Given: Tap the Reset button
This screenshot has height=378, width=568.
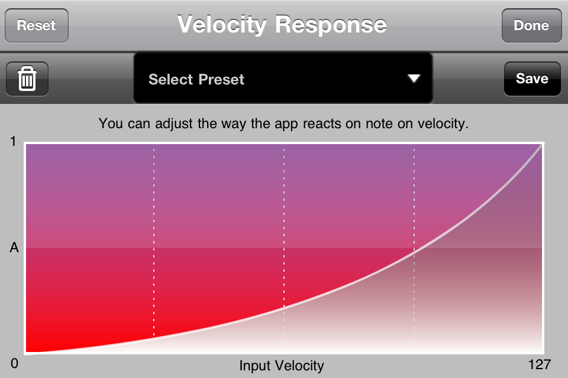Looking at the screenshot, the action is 37,25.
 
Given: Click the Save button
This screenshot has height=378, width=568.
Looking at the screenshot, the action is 532,79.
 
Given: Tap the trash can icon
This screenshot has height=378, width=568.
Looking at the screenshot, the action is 27,79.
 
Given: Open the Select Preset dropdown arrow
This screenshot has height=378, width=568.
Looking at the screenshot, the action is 414,78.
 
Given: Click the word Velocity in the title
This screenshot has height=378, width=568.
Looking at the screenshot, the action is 222,25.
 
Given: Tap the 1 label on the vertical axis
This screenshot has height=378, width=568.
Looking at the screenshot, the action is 14,141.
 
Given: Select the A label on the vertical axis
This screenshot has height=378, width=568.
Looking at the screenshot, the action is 14,248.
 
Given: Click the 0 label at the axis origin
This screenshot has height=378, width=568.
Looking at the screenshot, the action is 14,363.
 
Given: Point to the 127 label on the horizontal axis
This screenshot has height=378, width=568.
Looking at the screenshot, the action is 540,364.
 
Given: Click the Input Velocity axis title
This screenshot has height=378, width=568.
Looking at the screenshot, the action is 282,366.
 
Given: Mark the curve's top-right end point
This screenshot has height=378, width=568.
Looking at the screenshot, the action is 543,144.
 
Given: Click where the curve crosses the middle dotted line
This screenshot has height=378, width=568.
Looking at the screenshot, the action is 284,308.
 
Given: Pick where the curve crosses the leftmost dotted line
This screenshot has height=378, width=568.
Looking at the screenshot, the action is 154,338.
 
